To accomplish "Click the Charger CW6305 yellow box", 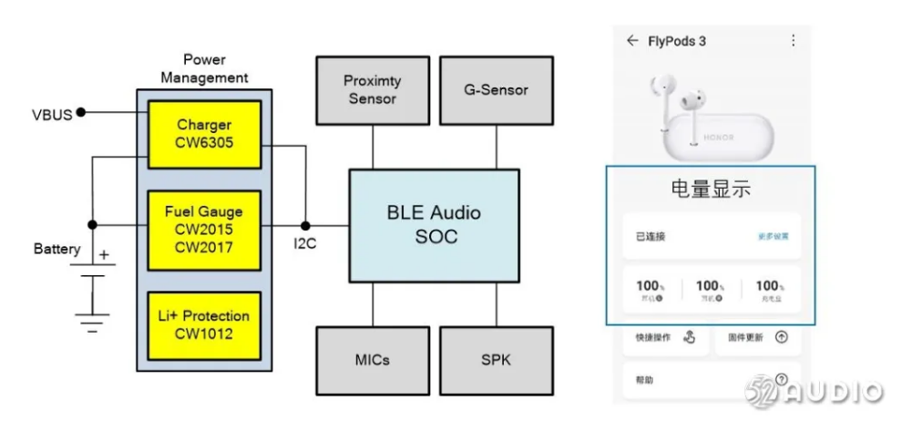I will coord(205,134).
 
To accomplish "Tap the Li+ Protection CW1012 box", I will coord(205,324).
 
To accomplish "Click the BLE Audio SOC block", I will coord(434,225).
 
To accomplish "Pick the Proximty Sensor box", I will coord(372,89).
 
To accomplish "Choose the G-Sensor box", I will coord(496,89).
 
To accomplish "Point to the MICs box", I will coord(372,359).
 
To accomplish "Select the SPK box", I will coord(496,359).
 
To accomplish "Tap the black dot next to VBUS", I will coord(81,112).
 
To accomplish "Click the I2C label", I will coord(304,244).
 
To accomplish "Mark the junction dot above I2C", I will coord(305,224).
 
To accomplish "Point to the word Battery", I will coord(56,249).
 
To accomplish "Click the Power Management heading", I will coord(204,68).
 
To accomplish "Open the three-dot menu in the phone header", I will coord(793,41).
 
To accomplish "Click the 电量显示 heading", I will coord(711,190).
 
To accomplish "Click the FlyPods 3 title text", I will coord(676,41).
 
